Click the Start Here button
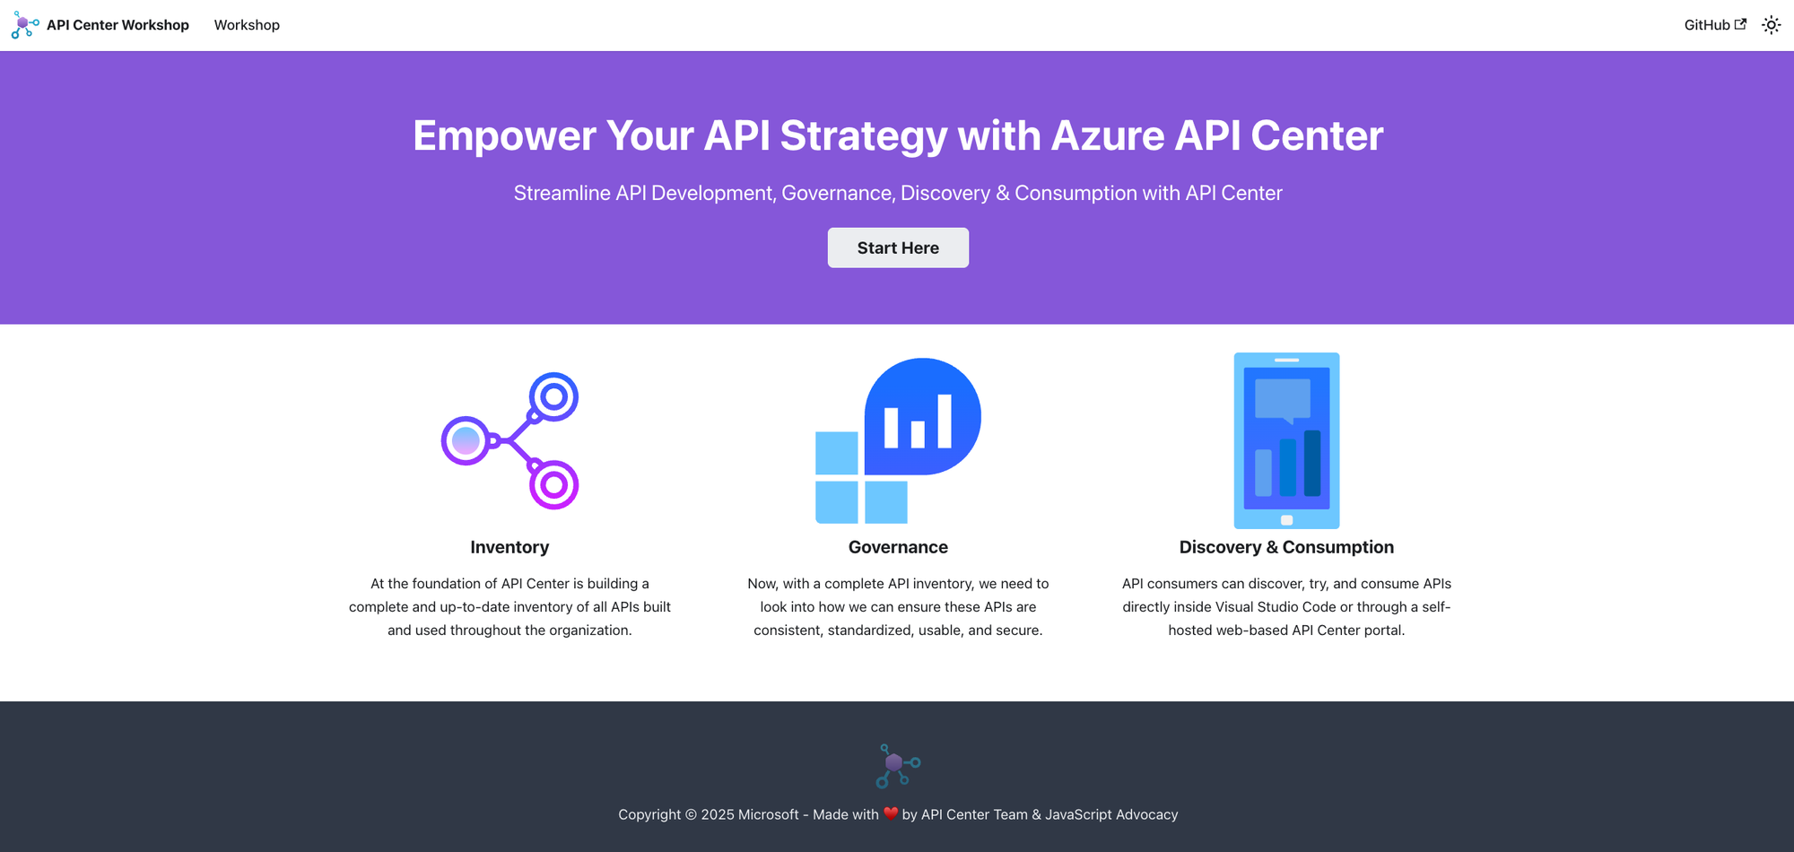point(898,248)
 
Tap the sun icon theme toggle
point(1771,25)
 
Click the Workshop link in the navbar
point(247,25)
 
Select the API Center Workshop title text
point(118,25)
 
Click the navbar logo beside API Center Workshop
point(25,25)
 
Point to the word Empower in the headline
point(504,136)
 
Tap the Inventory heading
point(509,547)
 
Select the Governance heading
point(898,547)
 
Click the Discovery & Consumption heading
point(1286,547)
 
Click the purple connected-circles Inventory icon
point(510,440)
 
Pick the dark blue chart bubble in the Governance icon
point(922,416)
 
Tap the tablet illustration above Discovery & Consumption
point(1286,440)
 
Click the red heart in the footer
point(891,814)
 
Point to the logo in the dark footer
point(898,766)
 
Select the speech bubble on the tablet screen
point(1283,400)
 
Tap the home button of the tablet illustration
point(1286,520)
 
